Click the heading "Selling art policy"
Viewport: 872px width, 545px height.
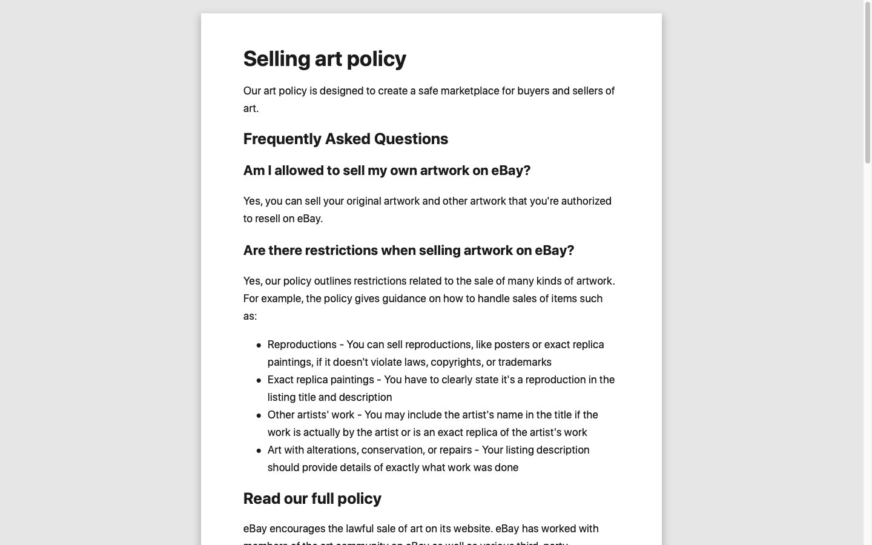325,59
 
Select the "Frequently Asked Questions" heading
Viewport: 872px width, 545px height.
345,139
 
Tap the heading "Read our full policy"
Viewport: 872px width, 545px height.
312,498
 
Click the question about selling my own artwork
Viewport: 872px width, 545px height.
386,170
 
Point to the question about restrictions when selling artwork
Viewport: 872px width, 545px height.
408,250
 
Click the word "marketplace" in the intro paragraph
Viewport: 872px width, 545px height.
469,91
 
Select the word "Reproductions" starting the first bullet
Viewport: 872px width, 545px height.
302,345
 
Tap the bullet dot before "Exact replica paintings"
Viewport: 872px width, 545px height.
259,380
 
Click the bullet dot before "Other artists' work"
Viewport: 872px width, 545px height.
259,415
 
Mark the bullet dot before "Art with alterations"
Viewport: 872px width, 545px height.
259,451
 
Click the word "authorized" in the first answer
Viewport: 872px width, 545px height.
586,201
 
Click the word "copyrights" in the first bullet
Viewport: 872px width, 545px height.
455,362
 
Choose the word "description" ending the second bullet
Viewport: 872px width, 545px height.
363,397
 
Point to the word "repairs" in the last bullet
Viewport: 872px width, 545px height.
454,450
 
